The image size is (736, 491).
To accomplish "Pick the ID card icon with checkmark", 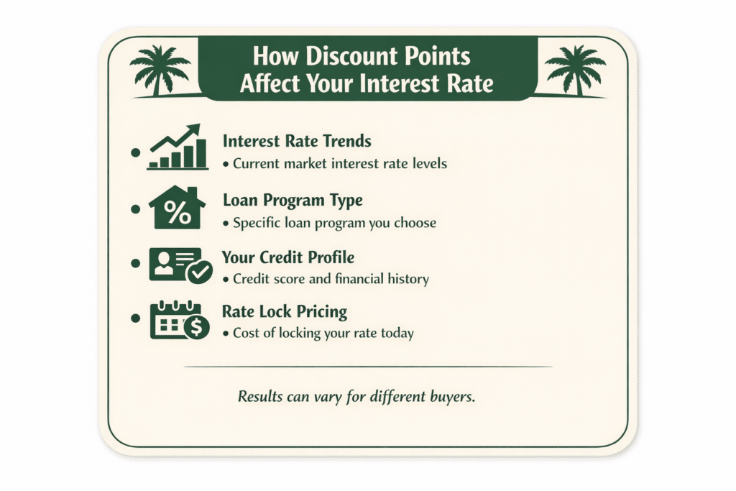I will tap(180, 265).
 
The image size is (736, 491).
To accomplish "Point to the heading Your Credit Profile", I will tap(288, 257).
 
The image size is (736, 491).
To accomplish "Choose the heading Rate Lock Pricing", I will tap(285, 312).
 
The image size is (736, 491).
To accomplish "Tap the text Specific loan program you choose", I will tap(334, 223).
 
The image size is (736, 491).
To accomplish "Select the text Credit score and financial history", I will tap(331, 279).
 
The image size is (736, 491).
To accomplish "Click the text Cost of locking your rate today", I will tap(323, 334).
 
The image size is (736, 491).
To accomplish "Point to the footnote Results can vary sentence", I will tap(356, 397).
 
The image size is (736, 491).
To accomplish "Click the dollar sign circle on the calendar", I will tap(196, 329).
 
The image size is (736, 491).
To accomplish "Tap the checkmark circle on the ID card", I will tap(198, 272).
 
